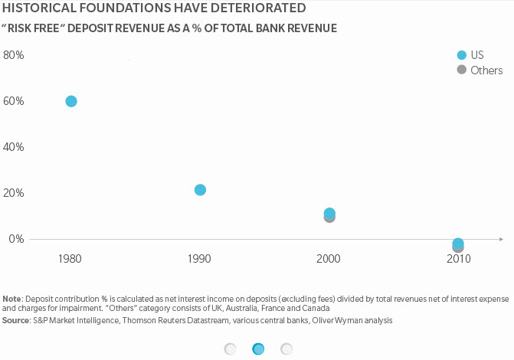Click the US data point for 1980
tap(71, 101)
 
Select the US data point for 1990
tap(200, 190)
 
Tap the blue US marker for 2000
tap(329, 213)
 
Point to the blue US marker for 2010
tap(458, 244)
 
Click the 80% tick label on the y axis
tap(14, 56)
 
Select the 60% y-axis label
tap(14, 101)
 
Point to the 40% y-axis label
tap(14, 147)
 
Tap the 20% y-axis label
tap(14, 193)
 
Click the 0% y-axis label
tap(16, 239)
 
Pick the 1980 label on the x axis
tap(71, 260)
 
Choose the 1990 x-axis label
tap(200, 260)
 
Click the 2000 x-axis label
tap(329, 260)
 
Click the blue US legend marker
tap(461, 55)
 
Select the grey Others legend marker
tap(461, 70)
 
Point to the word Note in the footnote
tap(12, 299)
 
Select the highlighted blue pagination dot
tap(258, 349)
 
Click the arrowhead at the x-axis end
tap(500, 239)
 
